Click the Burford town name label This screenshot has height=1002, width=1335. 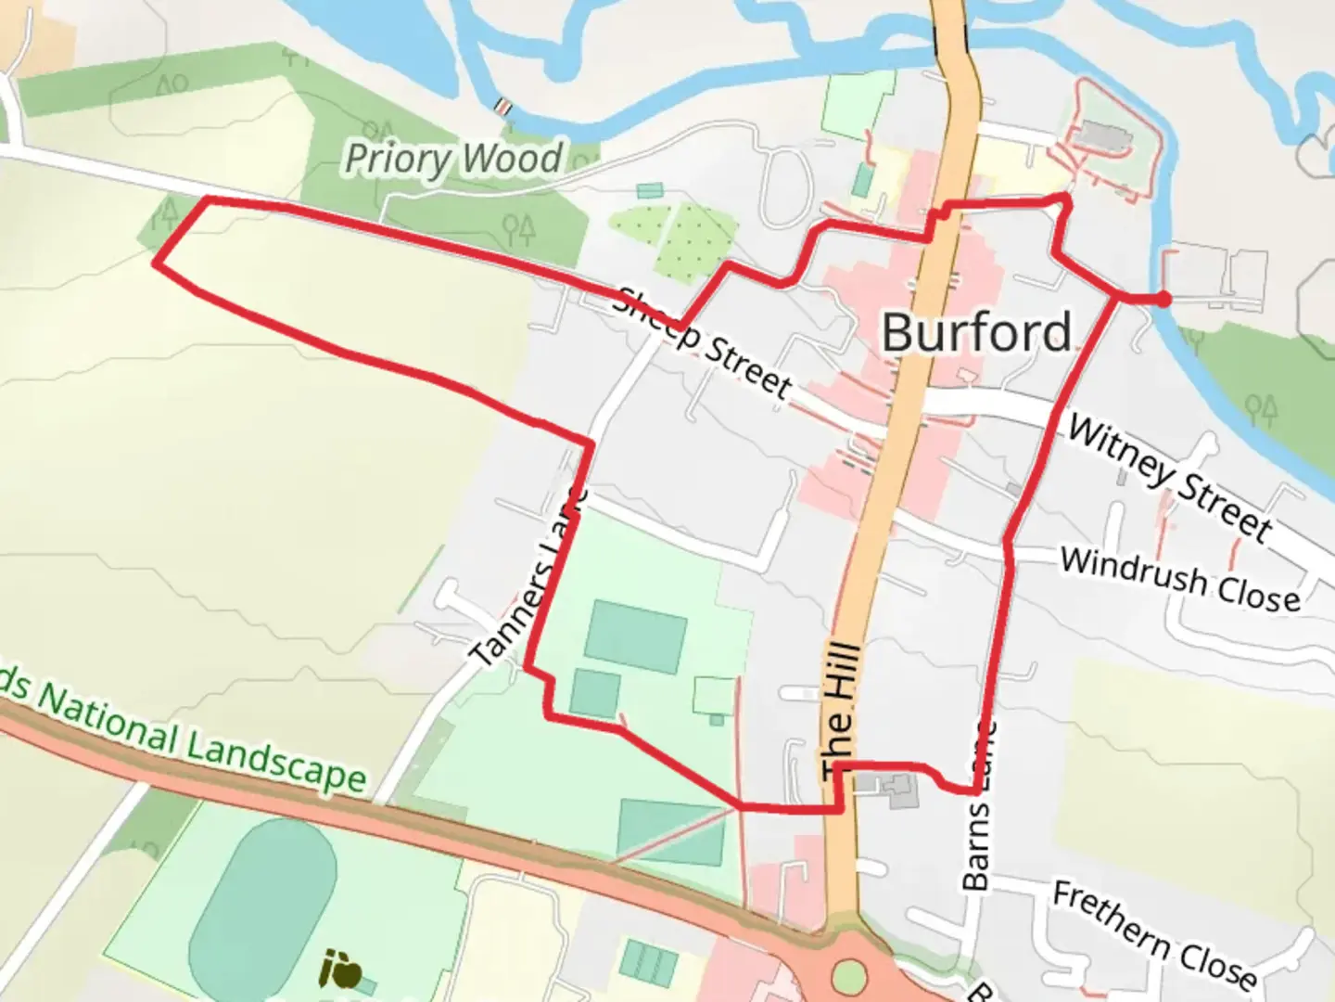click(x=976, y=332)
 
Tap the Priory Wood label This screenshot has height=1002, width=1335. click(x=453, y=159)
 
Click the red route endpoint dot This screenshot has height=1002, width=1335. click(x=1163, y=298)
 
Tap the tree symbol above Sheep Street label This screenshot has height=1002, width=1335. click(x=519, y=225)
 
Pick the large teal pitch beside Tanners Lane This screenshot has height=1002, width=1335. click(x=635, y=636)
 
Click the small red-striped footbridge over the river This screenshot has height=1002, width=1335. click(x=503, y=107)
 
